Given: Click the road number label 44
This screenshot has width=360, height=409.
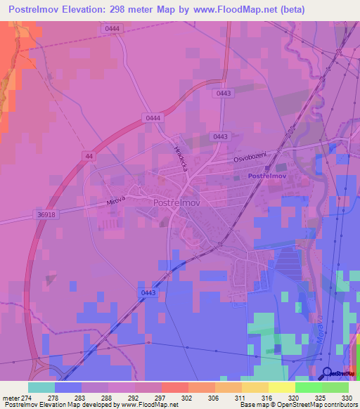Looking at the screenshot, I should (x=88, y=155).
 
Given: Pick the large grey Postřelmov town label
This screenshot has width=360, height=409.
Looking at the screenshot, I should (x=177, y=202).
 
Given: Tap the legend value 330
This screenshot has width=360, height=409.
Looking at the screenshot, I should (x=346, y=397).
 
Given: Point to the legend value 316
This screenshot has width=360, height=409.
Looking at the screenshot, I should (x=267, y=397).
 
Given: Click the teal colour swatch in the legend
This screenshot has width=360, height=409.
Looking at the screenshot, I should (x=41, y=387).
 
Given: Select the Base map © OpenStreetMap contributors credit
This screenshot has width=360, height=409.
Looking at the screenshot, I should (x=298, y=405).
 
